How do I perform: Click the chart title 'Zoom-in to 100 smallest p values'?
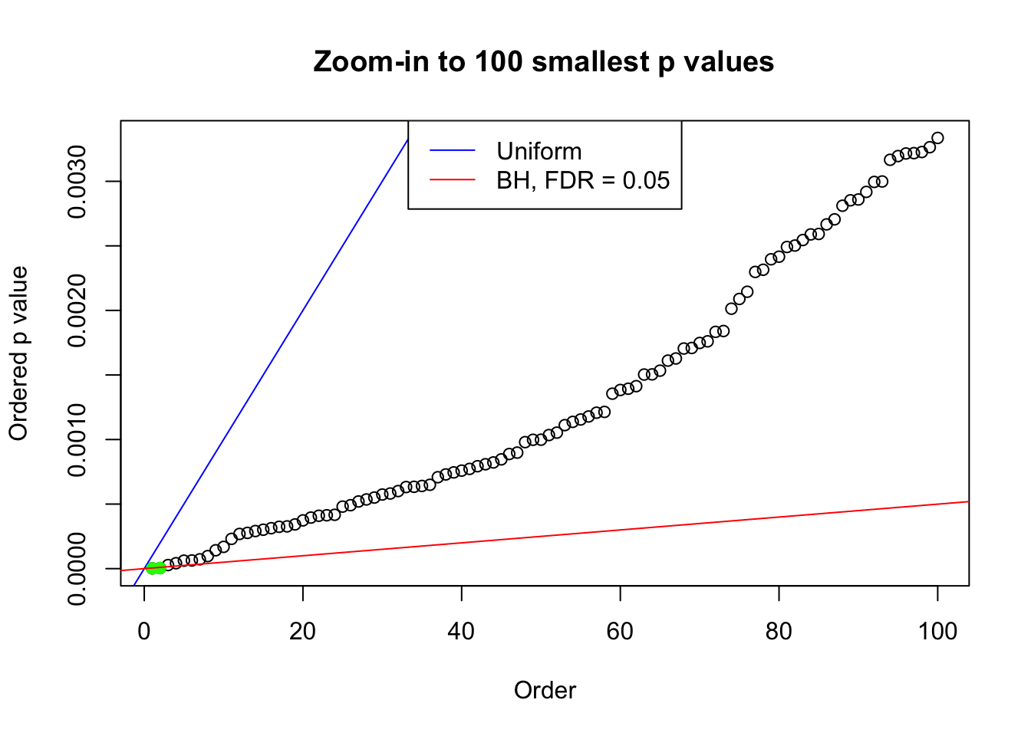point(544,61)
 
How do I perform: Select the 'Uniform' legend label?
point(539,151)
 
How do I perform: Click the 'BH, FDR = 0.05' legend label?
point(583,180)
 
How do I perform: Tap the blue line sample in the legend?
point(453,151)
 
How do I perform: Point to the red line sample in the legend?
point(453,180)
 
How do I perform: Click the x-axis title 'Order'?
point(545,690)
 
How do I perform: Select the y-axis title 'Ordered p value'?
point(18,353)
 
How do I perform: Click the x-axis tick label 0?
point(144,631)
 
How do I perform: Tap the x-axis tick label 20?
point(303,631)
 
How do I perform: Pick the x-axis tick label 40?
point(462,631)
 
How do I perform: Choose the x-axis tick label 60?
point(620,631)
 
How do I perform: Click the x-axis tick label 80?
point(779,631)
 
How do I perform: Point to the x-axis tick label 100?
point(937,631)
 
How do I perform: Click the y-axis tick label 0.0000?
point(77,568)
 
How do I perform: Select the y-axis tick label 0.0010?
point(77,439)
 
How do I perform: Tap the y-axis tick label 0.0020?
point(77,310)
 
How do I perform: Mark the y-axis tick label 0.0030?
point(77,182)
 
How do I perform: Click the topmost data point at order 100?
point(937,138)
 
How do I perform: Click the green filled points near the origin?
point(156,568)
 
